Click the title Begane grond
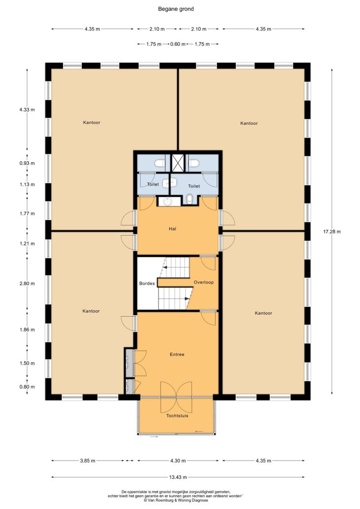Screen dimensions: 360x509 (x=176, y=9)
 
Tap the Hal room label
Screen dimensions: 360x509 (x=173, y=229)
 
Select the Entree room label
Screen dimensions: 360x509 (x=177, y=355)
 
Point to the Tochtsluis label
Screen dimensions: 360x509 (x=177, y=415)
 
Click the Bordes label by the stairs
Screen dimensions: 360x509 (x=147, y=284)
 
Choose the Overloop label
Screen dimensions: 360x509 (x=204, y=282)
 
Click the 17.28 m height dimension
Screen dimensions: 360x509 (x=332, y=232)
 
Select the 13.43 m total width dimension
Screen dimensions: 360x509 (x=178, y=477)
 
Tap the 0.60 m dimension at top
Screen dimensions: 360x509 (x=178, y=44)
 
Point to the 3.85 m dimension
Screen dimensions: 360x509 (x=88, y=461)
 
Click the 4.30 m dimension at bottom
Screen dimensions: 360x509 (x=178, y=461)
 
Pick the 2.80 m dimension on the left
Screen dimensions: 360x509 (x=27, y=284)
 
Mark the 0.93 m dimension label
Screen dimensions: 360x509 (x=27, y=163)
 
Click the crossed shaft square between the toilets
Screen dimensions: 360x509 (x=178, y=163)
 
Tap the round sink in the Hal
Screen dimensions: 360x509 (x=167, y=201)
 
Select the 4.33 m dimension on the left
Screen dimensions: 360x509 (x=27, y=109)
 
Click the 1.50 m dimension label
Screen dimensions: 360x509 (x=27, y=363)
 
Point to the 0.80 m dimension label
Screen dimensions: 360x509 (x=27, y=387)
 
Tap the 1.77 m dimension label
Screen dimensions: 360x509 (x=27, y=214)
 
